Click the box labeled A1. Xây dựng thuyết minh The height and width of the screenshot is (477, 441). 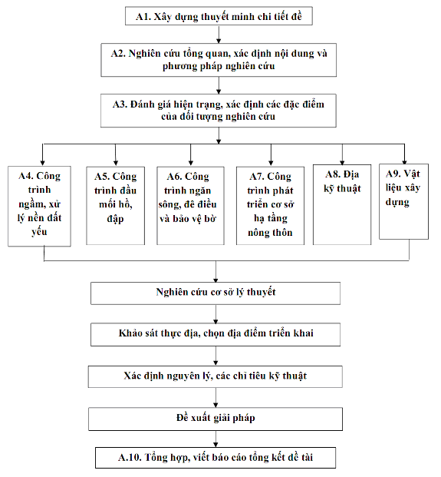pyautogui.click(x=219, y=16)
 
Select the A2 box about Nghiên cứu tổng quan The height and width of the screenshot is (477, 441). pyautogui.click(x=219, y=60)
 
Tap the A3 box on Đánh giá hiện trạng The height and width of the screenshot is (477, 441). pyautogui.click(x=219, y=111)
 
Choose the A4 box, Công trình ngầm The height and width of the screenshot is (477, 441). pyautogui.click(x=39, y=206)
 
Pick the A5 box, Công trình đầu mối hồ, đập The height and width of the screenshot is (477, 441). pyautogui.click(x=115, y=206)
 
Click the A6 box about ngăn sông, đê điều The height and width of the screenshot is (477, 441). pyautogui.click(x=190, y=206)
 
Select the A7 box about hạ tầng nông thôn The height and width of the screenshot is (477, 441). pyautogui.click(x=270, y=206)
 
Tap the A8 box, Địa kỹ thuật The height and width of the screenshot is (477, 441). pyautogui.click(x=342, y=205)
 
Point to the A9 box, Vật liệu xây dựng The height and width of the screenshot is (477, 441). pyautogui.click(x=403, y=202)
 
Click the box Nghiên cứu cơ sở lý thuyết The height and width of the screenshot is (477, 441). pyautogui.click(x=216, y=293)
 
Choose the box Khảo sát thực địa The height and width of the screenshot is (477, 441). pyautogui.click(x=216, y=335)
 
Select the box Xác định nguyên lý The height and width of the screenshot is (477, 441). pyautogui.click(x=216, y=376)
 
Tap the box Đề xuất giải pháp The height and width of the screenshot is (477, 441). pyautogui.click(x=216, y=419)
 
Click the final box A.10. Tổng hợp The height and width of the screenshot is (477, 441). pyautogui.click(x=216, y=458)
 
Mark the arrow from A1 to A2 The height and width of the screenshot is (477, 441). pyautogui.click(x=219, y=35)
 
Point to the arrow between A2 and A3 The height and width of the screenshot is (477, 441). pyautogui.click(x=219, y=85)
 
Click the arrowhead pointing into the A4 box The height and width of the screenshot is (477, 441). pyautogui.click(x=42, y=163)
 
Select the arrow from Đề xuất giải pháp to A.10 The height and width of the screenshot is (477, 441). pyautogui.click(x=216, y=439)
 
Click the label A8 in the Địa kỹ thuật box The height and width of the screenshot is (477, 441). pyautogui.click(x=333, y=174)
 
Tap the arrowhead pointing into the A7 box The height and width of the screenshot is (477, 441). pyautogui.click(x=271, y=163)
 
